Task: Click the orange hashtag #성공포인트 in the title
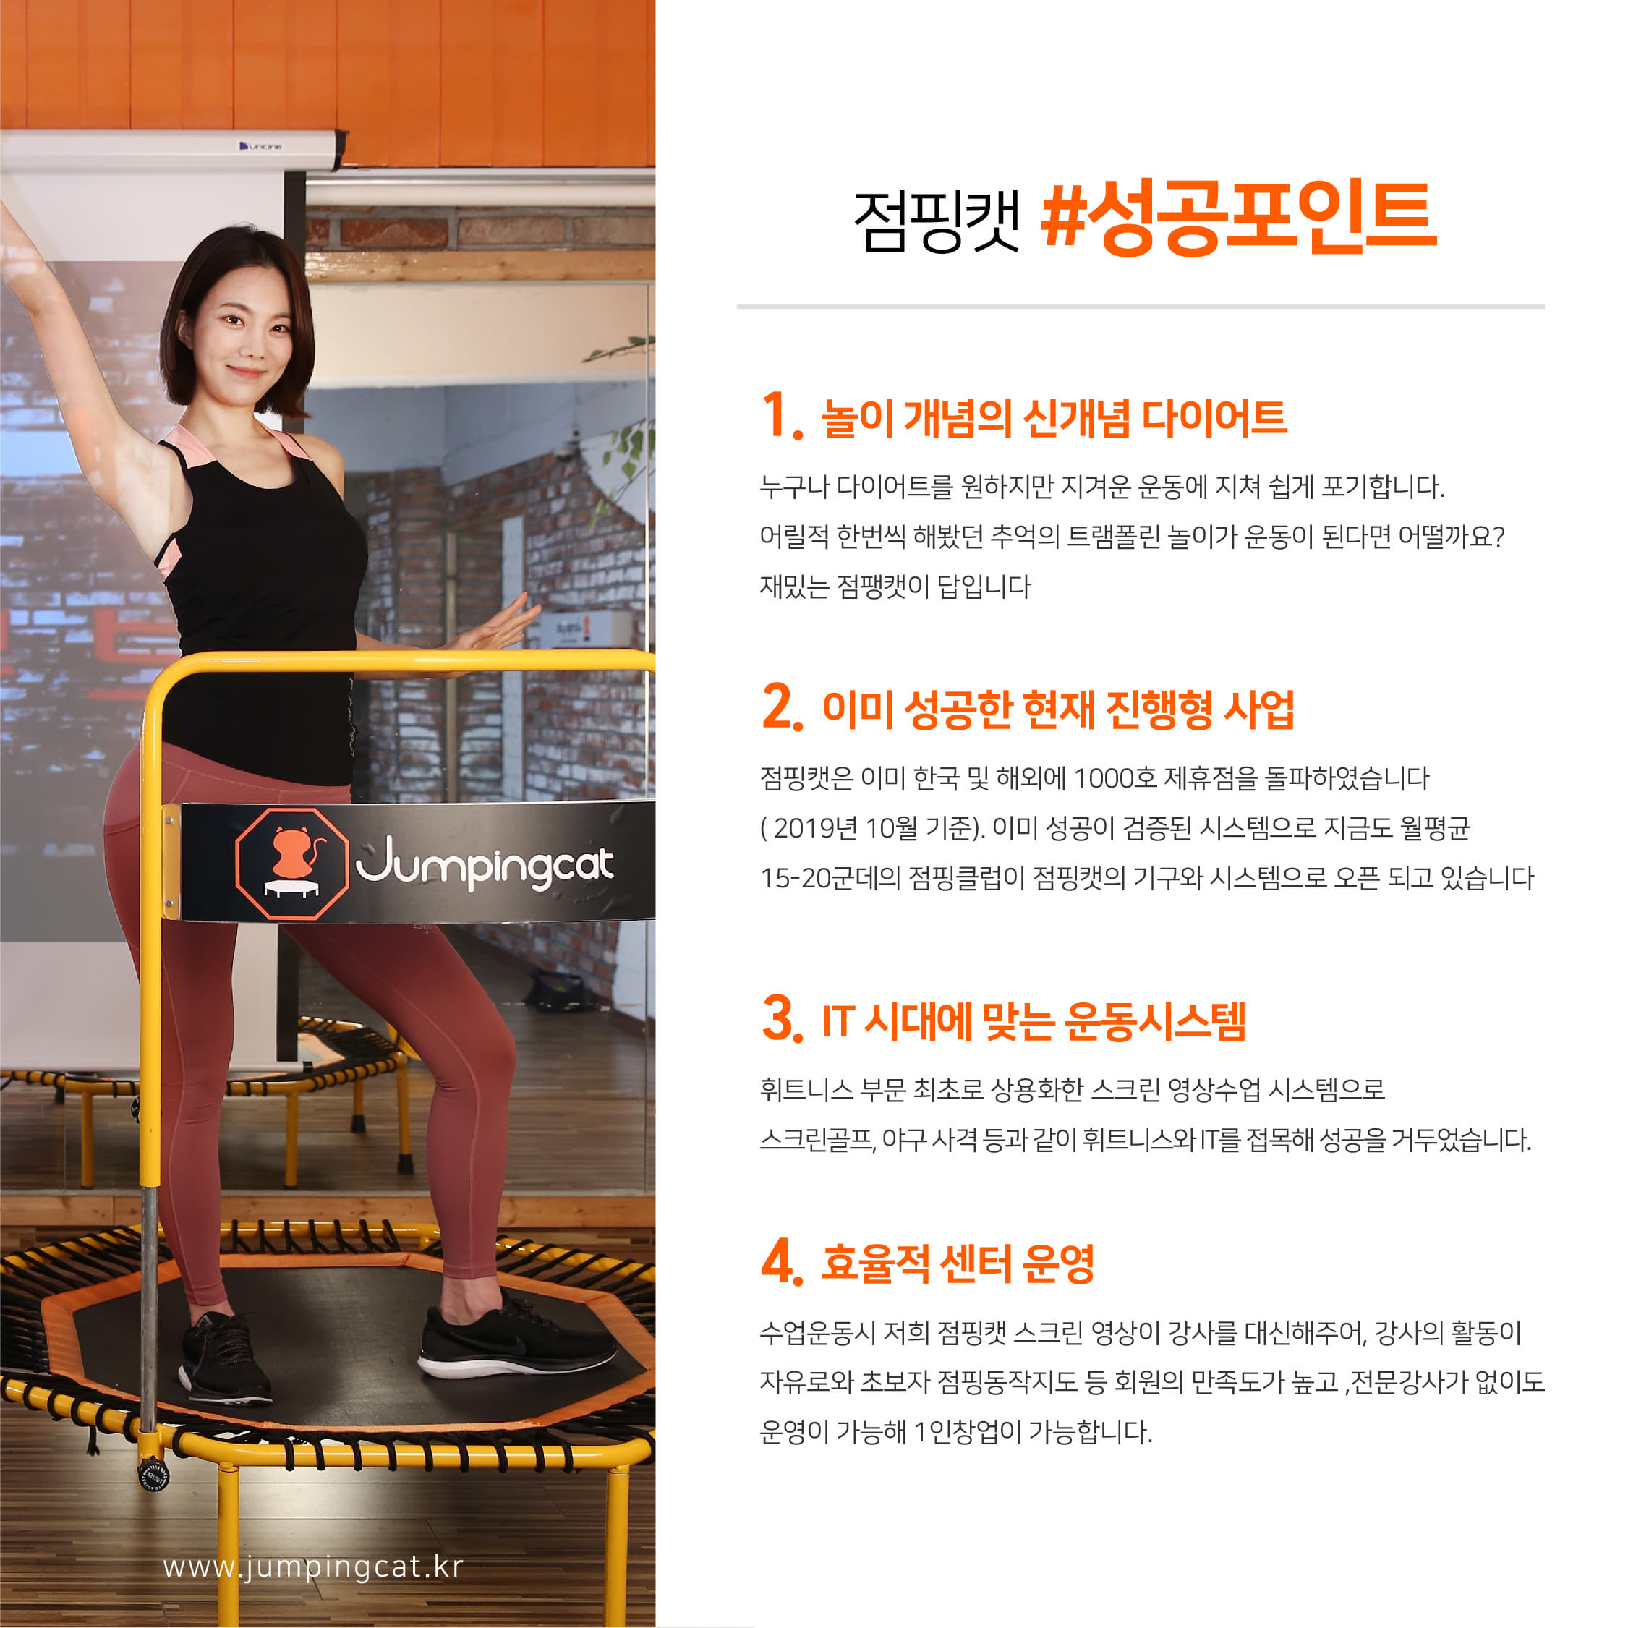pyautogui.click(x=1239, y=219)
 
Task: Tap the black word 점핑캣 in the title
pyautogui.click(x=937, y=221)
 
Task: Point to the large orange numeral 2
pyautogui.click(x=782, y=705)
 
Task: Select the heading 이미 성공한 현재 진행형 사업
pyautogui.click(x=1057, y=709)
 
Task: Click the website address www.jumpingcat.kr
pyautogui.click(x=312, y=1567)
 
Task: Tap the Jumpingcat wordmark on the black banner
pyautogui.click(x=485, y=862)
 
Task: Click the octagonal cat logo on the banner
pyautogui.click(x=292, y=863)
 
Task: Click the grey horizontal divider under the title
pyautogui.click(x=1140, y=307)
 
